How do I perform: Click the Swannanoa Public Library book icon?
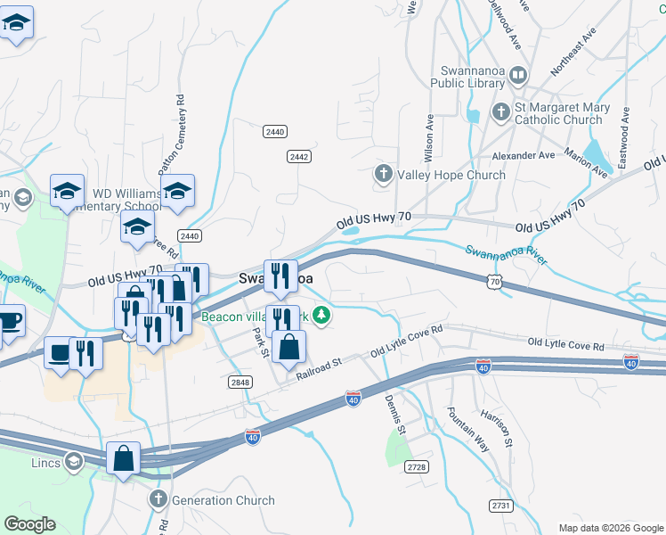[x=518, y=78]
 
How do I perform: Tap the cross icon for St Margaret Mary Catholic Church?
[x=500, y=113]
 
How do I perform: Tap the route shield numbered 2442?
[x=298, y=156]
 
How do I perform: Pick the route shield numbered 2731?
[x=501, y=506]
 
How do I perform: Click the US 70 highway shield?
[x=495, y=281]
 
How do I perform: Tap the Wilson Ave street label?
[x=429, y=136]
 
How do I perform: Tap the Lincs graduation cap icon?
[x=74, y=462]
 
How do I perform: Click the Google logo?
[x=29, y=524]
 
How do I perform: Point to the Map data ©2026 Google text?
[x=610, y=528]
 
